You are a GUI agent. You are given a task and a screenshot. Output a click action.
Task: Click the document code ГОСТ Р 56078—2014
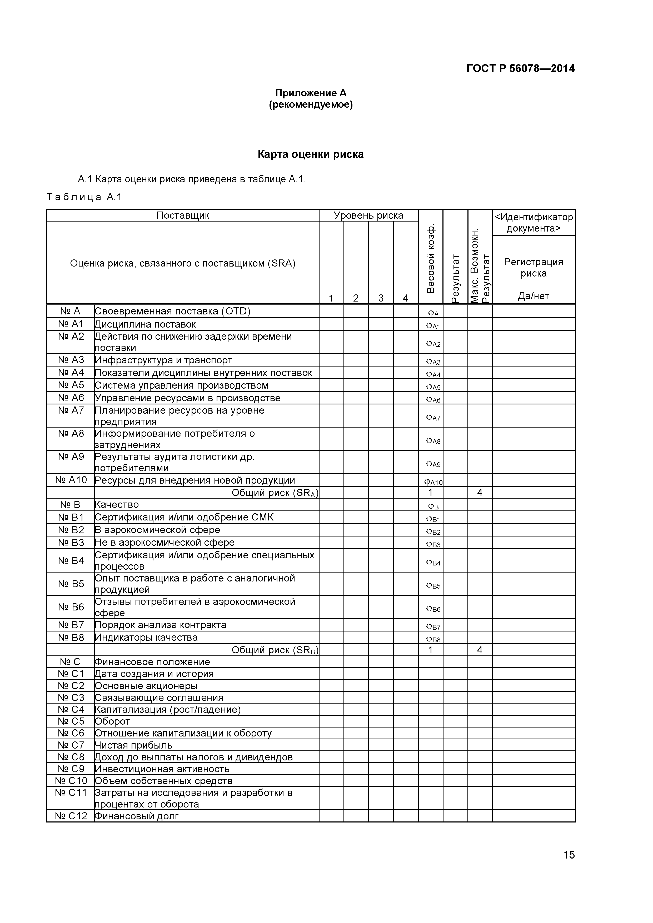coord(520,68)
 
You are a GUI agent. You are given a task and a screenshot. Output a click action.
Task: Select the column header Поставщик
coord(183,215)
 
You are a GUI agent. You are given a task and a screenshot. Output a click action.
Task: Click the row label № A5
coord(71,385)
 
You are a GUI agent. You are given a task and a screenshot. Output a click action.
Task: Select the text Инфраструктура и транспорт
coord(163,360)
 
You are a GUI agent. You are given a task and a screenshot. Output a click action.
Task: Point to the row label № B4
coord(71,560)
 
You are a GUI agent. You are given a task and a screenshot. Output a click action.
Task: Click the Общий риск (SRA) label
coord(275,493)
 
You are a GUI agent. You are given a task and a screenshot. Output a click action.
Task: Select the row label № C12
coord(71,816)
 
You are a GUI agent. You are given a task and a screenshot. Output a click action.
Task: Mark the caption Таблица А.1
coord(84,197)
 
